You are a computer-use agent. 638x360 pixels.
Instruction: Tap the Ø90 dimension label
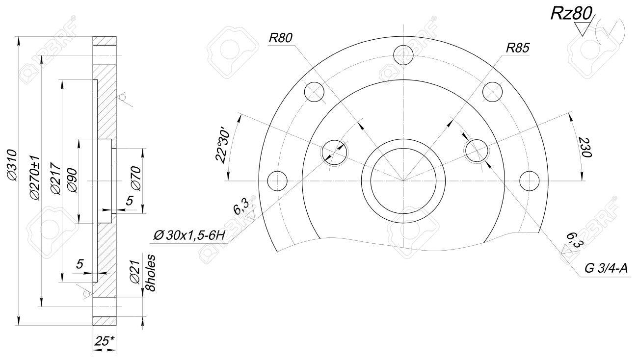point(72,181)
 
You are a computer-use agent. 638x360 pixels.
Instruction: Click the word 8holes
point(151,273)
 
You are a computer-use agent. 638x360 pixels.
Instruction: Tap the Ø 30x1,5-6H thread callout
point(189,235)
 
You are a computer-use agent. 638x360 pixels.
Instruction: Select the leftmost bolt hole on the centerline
point(278,181)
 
